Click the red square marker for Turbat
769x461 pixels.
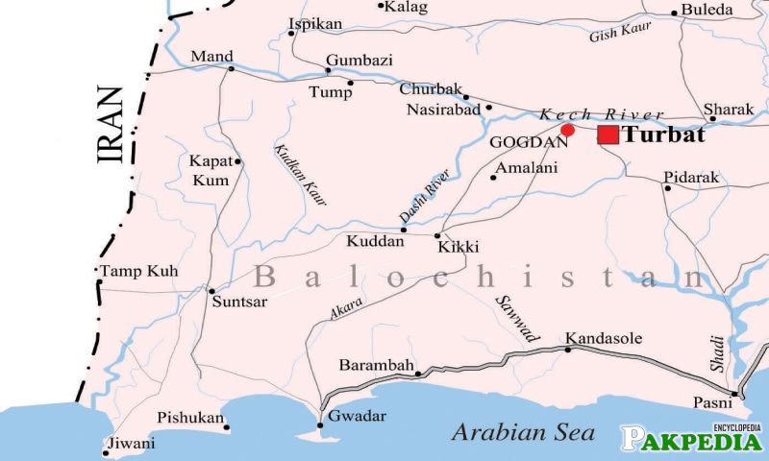click(608, 134)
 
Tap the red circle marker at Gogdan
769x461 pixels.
click(567, 130)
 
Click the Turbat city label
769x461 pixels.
click(663, 135)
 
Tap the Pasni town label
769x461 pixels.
click(712, 402)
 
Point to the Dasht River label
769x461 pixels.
click(424, 199)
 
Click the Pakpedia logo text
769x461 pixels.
click(690, 441)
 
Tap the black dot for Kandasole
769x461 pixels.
click(567, 350)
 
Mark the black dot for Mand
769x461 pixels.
click(231, 68)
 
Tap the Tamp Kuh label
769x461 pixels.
click(139, 272)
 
